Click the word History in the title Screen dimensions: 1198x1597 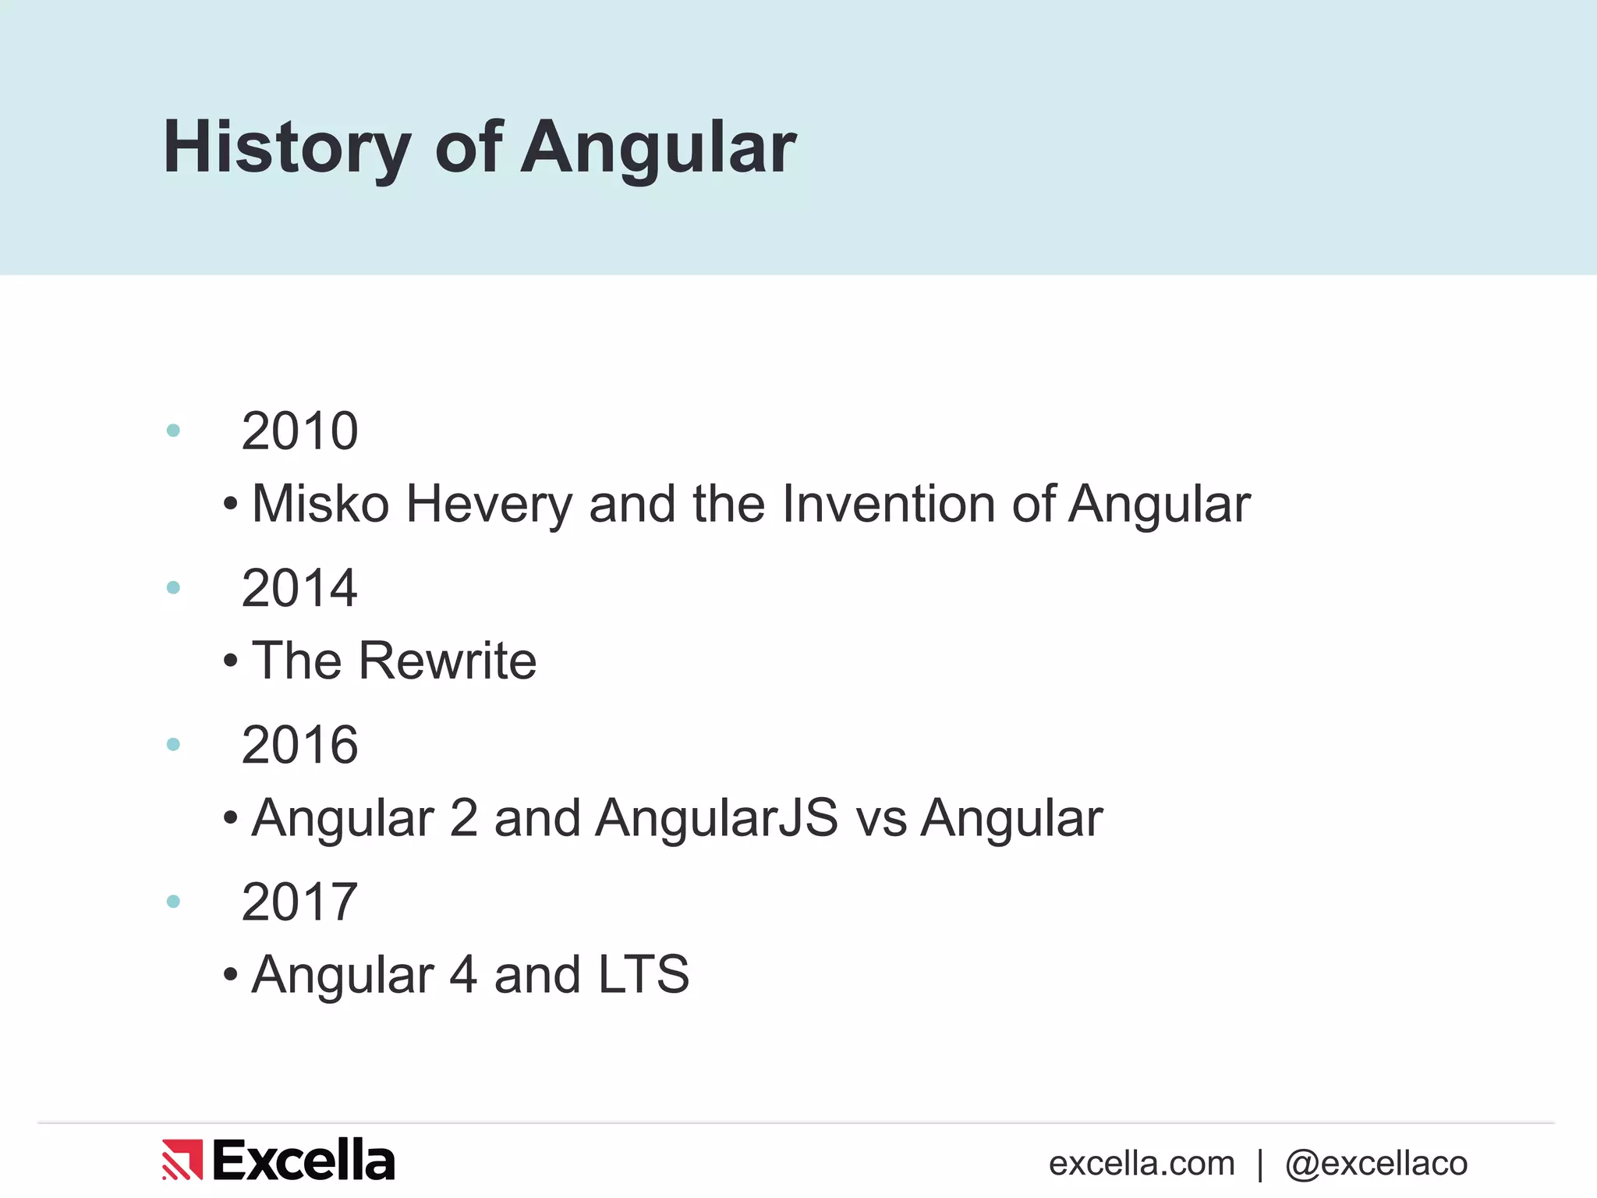tap(286, 148)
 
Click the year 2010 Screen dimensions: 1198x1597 tap(299, 431)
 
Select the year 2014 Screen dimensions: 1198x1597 tap(299, 588)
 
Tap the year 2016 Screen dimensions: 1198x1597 tap(299, 746)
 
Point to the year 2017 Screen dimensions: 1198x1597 tap(299, 902)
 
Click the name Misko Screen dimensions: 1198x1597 tap(320, 504)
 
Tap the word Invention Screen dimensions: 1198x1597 tap(888, 504)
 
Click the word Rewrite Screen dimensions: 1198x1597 tap(448, 661)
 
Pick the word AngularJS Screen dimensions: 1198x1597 tap(717, 819)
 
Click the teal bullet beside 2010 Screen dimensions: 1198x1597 tap(173, 431)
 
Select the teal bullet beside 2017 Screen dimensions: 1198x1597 tap(173, 902)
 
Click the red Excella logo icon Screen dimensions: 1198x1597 tap(182, 1160)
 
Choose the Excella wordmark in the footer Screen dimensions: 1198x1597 tap(303, 1160)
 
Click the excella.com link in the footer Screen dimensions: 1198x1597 tap(1142, 1164)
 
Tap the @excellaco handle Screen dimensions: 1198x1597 tap(1376, 1164)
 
